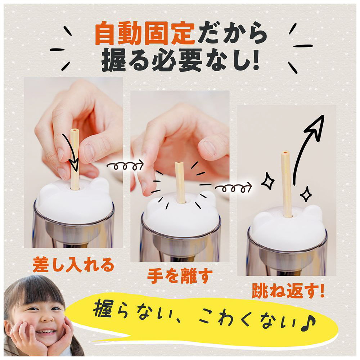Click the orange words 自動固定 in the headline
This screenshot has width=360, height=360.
(145, 33)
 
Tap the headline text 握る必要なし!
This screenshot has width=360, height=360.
(181, 60)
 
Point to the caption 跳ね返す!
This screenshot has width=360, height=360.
(288, 291)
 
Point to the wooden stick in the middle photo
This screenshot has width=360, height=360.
(180, 183)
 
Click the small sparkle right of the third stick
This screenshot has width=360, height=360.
(306, 194)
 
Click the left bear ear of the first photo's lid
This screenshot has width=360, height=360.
(47, 188)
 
